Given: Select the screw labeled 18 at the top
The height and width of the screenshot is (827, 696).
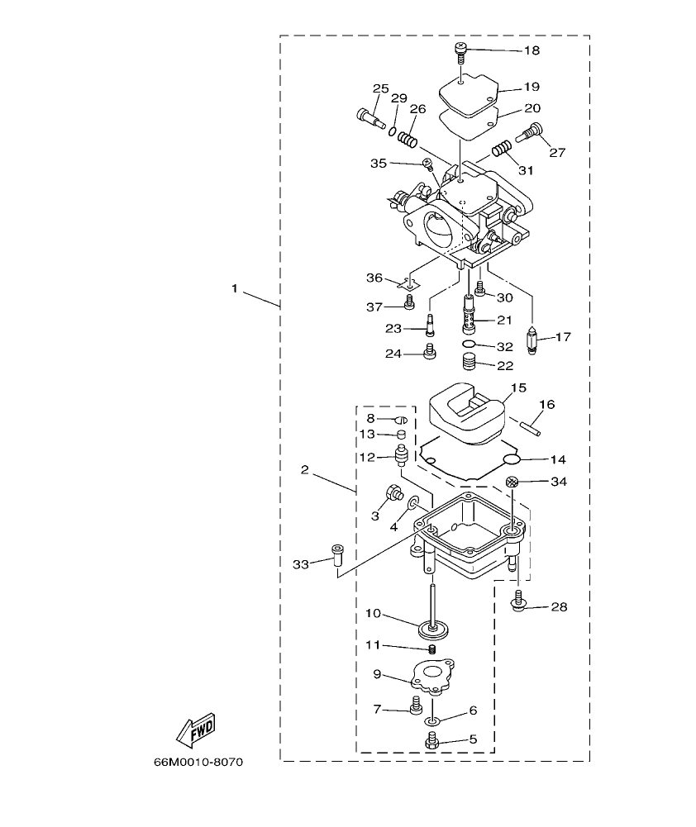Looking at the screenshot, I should [x=460, y=53].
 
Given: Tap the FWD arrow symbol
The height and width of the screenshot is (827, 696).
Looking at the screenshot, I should [x=195, y=730].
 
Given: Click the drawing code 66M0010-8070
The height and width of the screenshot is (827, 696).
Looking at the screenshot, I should [x=198, y=762].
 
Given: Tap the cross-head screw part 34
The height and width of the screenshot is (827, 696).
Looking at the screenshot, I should [x=512, y=482].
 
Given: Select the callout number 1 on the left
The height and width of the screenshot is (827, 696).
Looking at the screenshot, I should [x=235, y=289].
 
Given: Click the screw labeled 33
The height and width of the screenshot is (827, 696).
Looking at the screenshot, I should [x=336, y=555].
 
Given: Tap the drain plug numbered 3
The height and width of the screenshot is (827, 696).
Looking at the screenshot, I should [x=393, y=497].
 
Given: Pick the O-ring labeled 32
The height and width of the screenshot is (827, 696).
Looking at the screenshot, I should [x=468, y=345].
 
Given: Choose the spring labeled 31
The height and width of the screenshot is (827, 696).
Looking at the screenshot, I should [x=501, y=150].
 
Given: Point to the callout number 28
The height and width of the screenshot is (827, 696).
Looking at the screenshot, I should [x=559, y=608].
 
